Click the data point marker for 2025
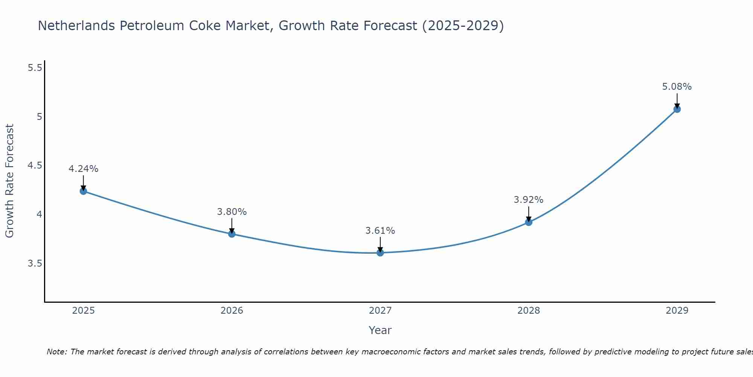pos(83,191)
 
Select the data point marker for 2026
pos(232,234)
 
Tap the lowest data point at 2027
pos(380,253)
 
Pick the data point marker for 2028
pos(529,222)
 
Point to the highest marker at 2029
pos(677,109)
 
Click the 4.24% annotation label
pos(83,169)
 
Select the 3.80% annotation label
pos(232,212)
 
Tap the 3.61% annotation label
pos(380,231)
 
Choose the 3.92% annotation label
pos(529,200)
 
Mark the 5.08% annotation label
pos(677,87)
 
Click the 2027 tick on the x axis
pos(380,311)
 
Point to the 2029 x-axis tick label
pos(677,311)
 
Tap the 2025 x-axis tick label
pos(83,311)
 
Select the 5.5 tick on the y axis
pos(35,68)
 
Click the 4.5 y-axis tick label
pos(35,166)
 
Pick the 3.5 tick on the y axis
pos(35,263)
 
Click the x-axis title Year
pos(380,330)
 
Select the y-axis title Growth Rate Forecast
pos(9,181)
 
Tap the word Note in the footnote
pos(56,352)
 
